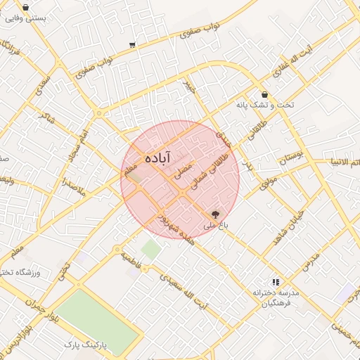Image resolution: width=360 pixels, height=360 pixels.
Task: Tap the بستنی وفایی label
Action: coord(25,19)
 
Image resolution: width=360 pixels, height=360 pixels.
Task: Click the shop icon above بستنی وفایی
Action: coord(26,8)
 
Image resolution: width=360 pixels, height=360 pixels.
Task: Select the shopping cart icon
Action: coord(132,46)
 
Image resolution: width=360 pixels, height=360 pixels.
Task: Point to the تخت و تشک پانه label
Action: coord(285,105)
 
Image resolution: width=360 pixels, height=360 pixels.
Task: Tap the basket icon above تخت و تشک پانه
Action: coord(264,95)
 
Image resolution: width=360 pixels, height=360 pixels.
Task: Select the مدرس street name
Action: coord(311,261)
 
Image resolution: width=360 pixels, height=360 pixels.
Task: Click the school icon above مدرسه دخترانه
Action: coord(276,281)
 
